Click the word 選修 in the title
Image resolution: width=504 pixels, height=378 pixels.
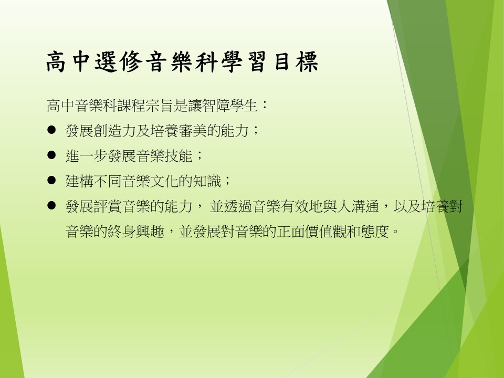[x=119, y=61]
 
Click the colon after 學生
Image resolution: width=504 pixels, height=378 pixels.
[x=265, y=105]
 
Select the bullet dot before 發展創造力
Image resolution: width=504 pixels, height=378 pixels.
[x=51, y=130]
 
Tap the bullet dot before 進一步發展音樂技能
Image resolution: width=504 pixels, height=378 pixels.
[x=51, y=155]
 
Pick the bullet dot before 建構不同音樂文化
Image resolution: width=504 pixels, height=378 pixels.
[x=51, y=180]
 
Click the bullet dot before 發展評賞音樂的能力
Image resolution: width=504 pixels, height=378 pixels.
[x=51, y=205]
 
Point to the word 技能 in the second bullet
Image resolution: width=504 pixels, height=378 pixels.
[x=178, y=156]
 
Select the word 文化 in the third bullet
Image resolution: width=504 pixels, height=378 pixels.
[x=164, y=181]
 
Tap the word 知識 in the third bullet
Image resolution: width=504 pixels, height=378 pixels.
[x=207, y=181]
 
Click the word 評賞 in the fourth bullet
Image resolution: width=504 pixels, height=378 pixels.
[x=108, y=206]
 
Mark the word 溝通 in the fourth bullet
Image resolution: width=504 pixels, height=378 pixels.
[x=365, y=206]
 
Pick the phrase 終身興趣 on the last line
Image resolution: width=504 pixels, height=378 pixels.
[x=136, y=231]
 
